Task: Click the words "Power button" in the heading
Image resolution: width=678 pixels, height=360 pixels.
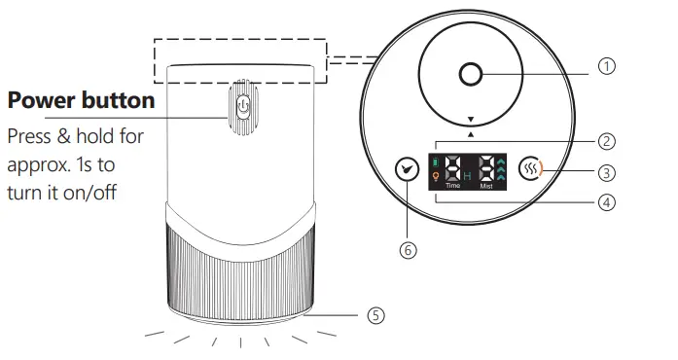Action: coord(81,100)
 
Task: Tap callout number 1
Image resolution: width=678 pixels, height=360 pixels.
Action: coord(607,66)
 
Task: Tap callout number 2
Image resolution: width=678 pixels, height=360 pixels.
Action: coord(607,142)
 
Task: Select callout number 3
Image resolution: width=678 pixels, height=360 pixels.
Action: coord(607,173)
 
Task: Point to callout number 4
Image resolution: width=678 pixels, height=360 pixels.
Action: coord(607,204)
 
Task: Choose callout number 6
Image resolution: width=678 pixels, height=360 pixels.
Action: coord(409,249)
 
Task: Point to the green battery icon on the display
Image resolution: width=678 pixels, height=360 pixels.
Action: coord(436,160)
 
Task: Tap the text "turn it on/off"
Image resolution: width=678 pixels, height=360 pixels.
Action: coord(61,192)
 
